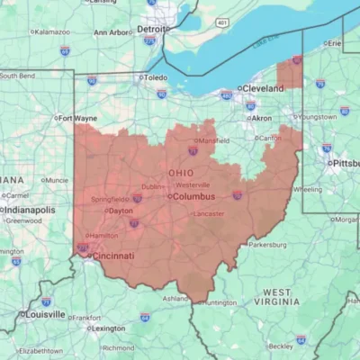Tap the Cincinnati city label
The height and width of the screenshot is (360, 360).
[111, 256]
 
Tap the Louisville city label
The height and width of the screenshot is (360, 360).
[45, 315]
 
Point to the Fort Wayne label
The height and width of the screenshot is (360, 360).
[76, 118]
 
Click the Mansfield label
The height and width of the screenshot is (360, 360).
[214, 141]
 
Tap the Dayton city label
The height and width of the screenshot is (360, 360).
[120, 211]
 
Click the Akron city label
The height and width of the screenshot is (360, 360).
[261, 118]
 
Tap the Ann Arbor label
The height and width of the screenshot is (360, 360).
[112, 32]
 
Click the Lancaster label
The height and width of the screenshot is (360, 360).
[209, 214]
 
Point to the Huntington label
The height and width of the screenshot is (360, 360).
[220, 303]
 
